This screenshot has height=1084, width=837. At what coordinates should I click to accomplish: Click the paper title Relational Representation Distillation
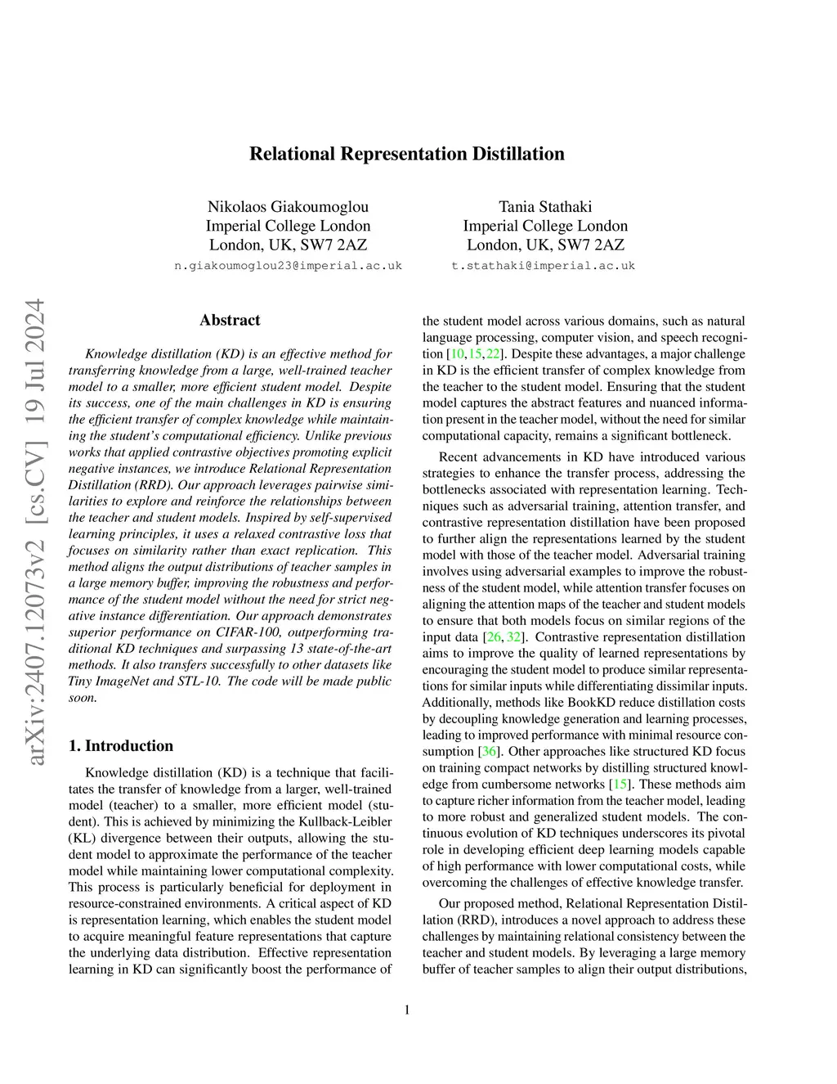click(x=406, y=154)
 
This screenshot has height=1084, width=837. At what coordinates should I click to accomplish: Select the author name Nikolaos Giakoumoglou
click(x=288, y=206)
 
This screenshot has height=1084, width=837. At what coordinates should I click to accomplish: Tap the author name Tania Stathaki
click(x=545, y=206)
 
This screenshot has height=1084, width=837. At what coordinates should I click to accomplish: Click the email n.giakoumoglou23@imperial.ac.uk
click(x=289, y=266)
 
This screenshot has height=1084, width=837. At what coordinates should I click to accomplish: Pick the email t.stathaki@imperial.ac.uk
click(x=543, y=266)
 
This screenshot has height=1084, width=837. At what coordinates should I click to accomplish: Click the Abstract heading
click(x=230, y=320)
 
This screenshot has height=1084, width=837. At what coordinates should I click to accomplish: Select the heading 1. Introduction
click(x=121, y=745)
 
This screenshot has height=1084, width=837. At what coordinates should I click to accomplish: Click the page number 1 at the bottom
click(x=407, y=1010)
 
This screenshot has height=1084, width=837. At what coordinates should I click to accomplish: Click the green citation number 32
click(x=514, y=637)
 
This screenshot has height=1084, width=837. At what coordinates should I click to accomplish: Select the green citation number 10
click(x=457, y=354)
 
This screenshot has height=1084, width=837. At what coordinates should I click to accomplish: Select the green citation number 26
click(x=494, y=637)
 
